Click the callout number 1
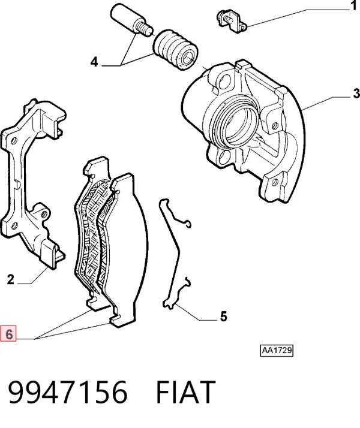click(353, 5)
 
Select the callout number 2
click(10, 280)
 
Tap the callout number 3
click(356, 94)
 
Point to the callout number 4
click(94, 62)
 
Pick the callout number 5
click(223, 317)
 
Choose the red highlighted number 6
click(8, 333)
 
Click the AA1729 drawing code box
click(277, 351)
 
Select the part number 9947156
click(68, 392)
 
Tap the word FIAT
click(186, 392)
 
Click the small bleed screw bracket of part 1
click(232, 21)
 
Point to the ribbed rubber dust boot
click(175, 50)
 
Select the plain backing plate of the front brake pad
click(128, 246)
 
